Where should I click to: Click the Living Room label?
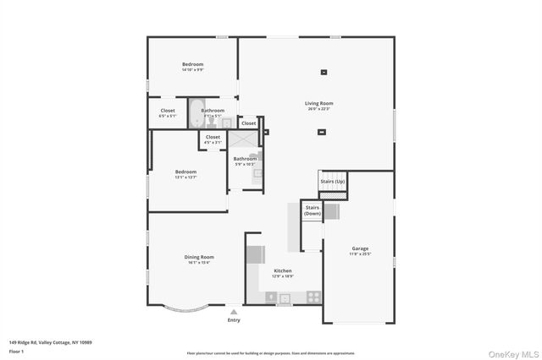pos(319,104)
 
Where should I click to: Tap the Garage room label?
pos(360,248)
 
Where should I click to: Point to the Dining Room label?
pos(199,257)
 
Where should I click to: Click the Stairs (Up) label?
pos(332,182)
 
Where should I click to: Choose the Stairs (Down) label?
pos(312,211)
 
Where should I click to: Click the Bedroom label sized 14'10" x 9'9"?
pos(192,65)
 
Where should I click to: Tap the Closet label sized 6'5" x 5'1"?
pos(168,111)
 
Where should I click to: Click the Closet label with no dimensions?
pos(248,123)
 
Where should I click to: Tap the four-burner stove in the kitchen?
pos(313,297)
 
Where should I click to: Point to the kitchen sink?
pos(285,297)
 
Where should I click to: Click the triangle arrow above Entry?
pos(234,312)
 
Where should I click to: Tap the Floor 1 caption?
pos(16,350)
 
